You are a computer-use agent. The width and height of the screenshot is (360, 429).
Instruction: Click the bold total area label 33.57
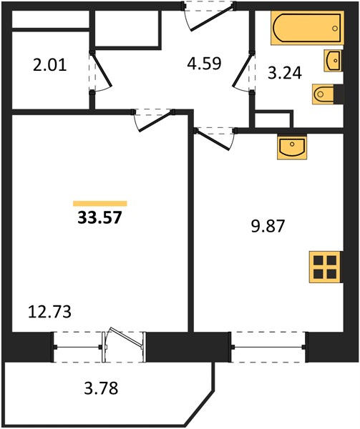click(x=99, y=218)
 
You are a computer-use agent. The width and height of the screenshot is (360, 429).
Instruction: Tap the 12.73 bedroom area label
click(x=49, y=312)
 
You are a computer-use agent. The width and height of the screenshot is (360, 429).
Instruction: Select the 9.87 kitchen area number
click(x=268, y=226)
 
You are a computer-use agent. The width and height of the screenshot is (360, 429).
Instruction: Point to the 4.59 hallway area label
click(x=204, y=63)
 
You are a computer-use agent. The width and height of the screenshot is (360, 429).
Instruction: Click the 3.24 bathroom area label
click(x=285, y=73)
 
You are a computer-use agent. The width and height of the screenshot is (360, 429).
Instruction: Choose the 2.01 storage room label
click(x=50, y=66)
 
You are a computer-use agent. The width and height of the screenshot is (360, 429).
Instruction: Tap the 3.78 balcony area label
click(x=101, y=388)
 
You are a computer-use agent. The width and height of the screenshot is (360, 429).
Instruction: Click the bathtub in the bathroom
click(x=308, y=28)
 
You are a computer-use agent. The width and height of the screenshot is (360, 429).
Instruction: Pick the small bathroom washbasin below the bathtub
click(x=333, y=61)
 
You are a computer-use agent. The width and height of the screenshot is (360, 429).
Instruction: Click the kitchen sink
click(x=292, y=147)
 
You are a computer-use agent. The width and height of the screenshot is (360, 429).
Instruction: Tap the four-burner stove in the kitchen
click(x=325, y=267)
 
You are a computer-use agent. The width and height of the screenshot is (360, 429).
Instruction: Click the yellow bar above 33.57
click(x=100, y=203)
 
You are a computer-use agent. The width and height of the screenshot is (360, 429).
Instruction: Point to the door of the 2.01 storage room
click(x=100, y=72)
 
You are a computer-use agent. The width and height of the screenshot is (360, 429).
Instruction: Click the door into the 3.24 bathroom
click(x=243, y=72)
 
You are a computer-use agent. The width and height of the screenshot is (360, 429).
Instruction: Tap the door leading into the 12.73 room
click(x=153, y=120)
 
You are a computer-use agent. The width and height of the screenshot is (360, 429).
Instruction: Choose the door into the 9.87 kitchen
click(x=215, y=139)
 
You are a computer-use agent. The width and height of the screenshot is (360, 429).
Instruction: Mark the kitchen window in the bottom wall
click(x=268, y=347)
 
